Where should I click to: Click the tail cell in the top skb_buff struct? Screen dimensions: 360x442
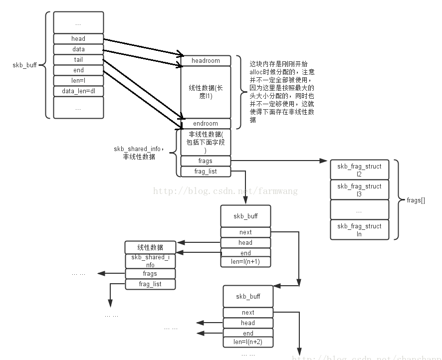[78, 60]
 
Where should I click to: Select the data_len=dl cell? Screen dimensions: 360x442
[78, 91]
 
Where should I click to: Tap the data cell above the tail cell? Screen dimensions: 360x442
[78, 49]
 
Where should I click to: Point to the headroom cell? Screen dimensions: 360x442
[206, 61]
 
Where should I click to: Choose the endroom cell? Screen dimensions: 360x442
[206, 124]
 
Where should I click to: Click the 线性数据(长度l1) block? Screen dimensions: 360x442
[206, 92]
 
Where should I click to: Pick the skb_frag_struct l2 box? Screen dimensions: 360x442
[359, 170]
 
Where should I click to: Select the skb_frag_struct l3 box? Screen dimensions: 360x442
[359, 189]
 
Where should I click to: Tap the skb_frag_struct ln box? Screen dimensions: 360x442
[359, 229]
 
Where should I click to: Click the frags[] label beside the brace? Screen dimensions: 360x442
[416, 200]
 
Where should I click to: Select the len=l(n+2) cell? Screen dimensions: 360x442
[248, 342]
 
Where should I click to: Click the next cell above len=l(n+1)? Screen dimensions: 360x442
[245, 232]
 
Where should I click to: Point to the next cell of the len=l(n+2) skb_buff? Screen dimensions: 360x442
[248, 312]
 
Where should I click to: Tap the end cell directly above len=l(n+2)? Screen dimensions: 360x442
[248, 333]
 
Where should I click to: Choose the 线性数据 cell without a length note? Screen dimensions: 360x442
[150, 247]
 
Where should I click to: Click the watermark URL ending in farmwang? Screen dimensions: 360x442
[225, 190]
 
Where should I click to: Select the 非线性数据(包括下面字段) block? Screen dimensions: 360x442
[206, 142]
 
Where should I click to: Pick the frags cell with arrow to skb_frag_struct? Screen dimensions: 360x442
[206, 161]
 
